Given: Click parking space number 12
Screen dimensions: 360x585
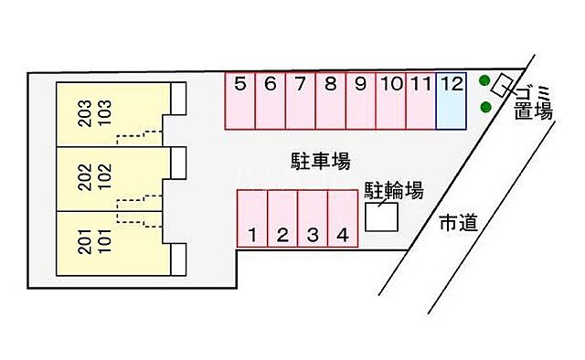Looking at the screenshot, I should pos(452,101).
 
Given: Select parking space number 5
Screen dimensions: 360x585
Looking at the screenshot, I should pos(240,101).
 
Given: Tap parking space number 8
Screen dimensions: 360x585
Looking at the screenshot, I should pos(331,101).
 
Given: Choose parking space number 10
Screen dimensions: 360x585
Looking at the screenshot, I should pos(391,101).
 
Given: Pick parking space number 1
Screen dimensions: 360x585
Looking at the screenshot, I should pos(252,219).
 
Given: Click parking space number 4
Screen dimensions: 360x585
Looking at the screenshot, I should pos(342,219).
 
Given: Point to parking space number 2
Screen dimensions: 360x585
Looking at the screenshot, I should pos(282,219).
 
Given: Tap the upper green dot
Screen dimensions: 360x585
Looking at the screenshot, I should pos(484,81).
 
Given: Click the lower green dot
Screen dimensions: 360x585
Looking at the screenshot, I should pos(485,107).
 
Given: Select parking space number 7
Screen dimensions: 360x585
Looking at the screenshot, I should pos(301,101).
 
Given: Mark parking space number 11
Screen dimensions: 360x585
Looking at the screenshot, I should pos(420,101).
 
